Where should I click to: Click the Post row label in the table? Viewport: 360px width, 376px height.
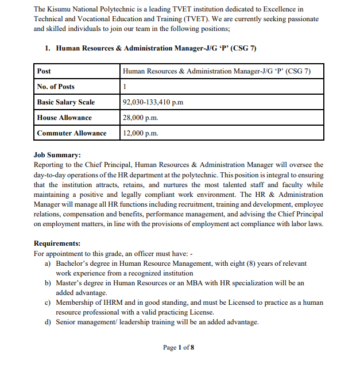44,71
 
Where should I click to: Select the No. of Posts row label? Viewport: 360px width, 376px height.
56,87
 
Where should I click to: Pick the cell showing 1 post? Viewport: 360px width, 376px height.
125,87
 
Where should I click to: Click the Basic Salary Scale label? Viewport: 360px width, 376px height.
65,102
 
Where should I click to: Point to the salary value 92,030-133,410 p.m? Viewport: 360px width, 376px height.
153,102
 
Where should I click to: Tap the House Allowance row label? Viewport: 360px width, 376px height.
64,118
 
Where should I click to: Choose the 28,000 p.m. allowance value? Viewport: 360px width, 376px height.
140,118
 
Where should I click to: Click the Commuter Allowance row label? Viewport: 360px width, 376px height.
72,133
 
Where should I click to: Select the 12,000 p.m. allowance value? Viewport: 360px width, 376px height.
140,133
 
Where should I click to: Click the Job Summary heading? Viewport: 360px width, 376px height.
57,155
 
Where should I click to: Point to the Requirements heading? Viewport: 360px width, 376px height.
57,243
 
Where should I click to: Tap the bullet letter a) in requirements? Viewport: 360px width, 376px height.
48,263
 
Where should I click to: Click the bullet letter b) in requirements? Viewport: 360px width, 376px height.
48,283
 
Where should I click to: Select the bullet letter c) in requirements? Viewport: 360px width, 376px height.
48,303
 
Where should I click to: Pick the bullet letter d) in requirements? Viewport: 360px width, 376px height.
48,322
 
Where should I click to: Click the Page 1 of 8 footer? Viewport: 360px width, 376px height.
179,347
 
